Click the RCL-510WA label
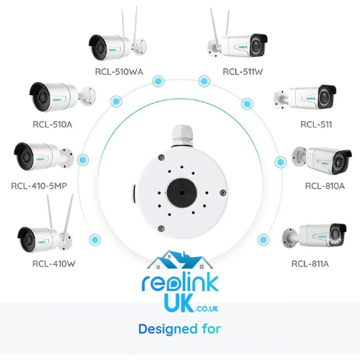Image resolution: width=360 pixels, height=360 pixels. (x=119, y=72)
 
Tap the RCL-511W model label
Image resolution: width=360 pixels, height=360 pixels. (x=243, y=72)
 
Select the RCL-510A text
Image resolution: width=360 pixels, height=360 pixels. (x=53, y=125)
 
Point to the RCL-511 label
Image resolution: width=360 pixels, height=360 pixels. (x=316, y=125)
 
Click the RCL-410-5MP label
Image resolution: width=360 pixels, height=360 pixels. (x=39, y=186)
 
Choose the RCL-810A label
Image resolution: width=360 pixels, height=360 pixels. (x=325, y=186)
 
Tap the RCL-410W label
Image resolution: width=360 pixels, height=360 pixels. (x=54, y=264)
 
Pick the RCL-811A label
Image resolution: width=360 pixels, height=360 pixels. (x=310, y=264)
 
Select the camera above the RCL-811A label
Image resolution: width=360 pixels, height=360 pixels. (x=315, y=236)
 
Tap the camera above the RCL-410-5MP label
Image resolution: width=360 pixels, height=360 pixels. (x=44, y=156)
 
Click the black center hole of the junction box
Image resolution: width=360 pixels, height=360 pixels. (x=182, y=192)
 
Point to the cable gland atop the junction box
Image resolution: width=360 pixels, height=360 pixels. (x=182, y=135)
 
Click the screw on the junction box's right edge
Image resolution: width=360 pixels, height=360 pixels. (x=223, y=192)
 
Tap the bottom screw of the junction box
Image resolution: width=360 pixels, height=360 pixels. (x=162, y=228)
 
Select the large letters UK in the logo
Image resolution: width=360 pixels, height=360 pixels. (x=179, y=303)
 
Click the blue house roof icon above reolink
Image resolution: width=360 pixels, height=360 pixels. (x=180, y=260)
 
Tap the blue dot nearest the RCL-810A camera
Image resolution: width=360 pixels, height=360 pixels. (x=280, y=162)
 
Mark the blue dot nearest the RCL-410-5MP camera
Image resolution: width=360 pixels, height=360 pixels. (x=83, y=160)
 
